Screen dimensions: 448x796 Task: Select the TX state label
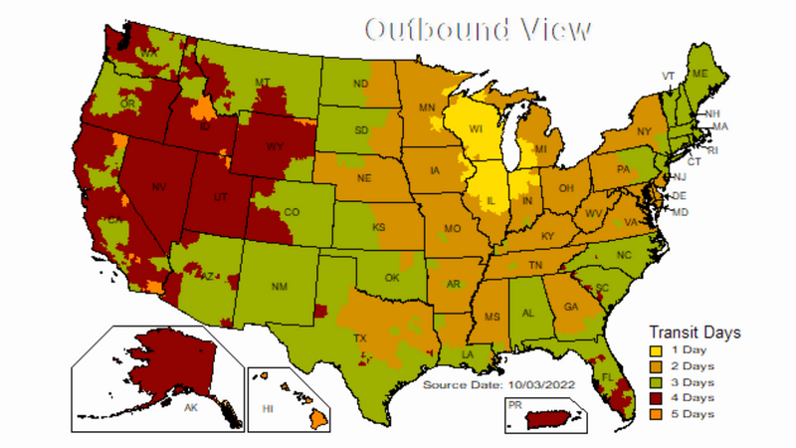click(360, 338)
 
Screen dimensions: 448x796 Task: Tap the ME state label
click(699, 74)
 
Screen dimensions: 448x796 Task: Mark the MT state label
click(263, 82)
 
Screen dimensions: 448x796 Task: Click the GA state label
click(570, 307)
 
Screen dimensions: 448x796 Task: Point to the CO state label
click(292, 212)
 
